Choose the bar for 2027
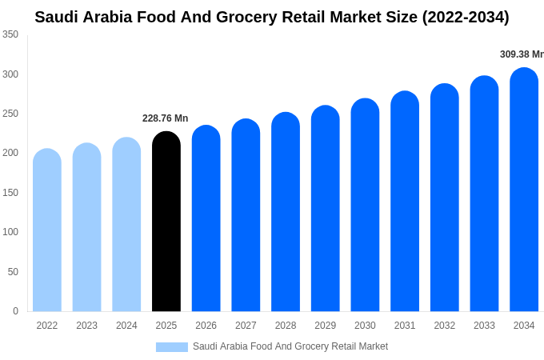[x=246, y=215]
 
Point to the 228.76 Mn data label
[x=165, y=118]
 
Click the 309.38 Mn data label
[x=522, y=54]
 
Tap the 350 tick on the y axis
[x=10, y=34]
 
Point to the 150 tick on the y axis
[x=10, y=193]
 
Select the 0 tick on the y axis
[x=15, y=311]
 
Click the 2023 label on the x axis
[x=86, y=326]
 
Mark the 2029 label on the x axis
[x=325, y=326]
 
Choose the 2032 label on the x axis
[x=444, y=326]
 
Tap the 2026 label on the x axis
[x=206, y=326]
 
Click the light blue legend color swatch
[x=171, y=347]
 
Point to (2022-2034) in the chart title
[x=466, y=17]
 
